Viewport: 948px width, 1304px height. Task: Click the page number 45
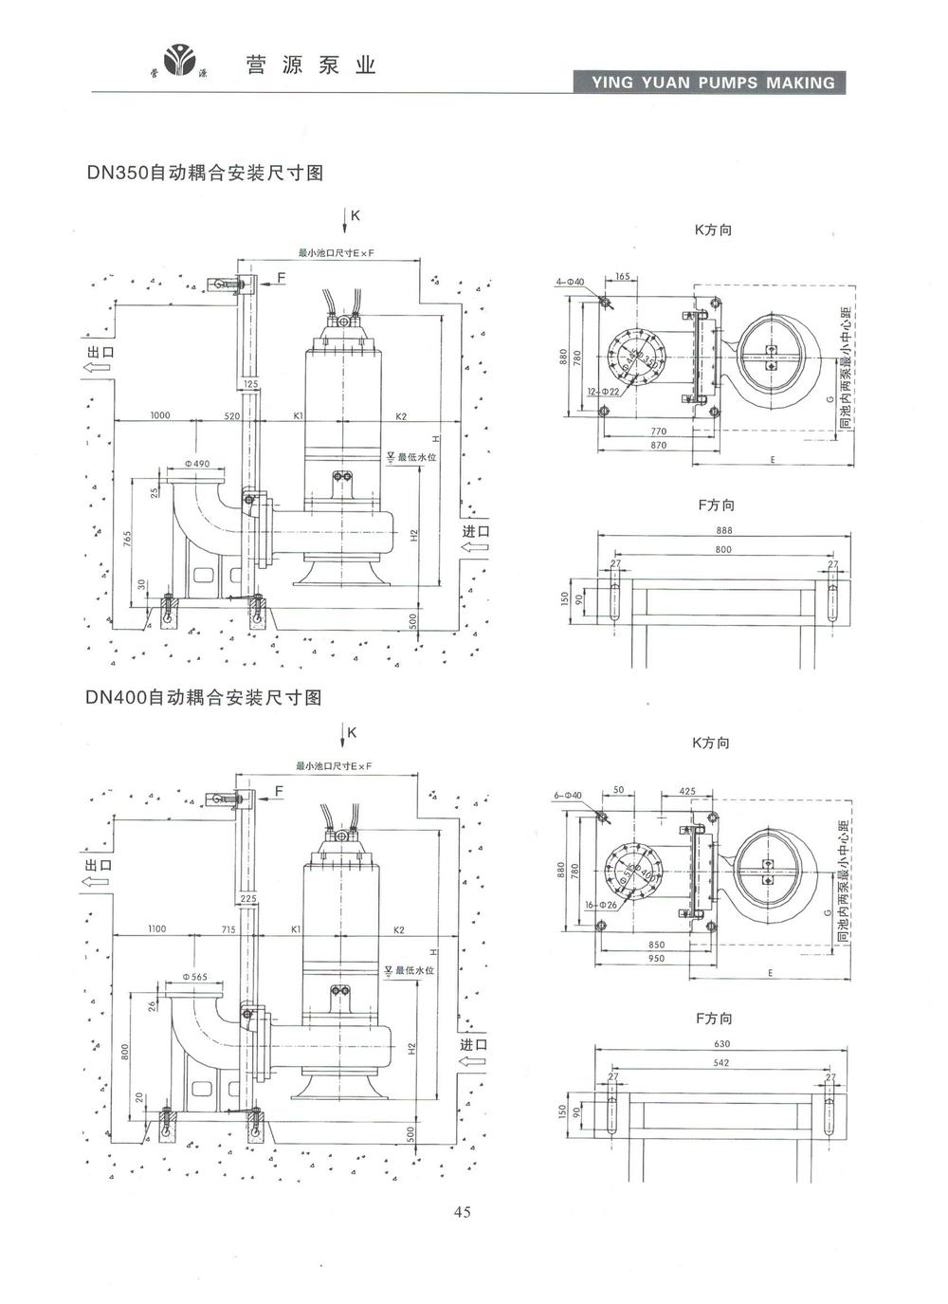click(x=463, y=1211)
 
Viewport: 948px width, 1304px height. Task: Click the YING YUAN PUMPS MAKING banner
click(x=713, y=83)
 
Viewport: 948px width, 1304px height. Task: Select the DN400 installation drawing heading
click(x=204, y=697)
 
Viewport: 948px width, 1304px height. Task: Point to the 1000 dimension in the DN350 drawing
click(x=159, y=415)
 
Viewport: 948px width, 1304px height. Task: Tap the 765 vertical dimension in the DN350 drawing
click(x=127, y=541)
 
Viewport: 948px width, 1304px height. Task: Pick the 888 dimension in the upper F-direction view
click(x=724, y=530)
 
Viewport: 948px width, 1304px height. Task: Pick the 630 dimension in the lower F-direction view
click(x=721, y=1044)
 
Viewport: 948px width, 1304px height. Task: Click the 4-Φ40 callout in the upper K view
click(x=571, y=282)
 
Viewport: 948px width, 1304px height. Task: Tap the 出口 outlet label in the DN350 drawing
click(x=99, y=352)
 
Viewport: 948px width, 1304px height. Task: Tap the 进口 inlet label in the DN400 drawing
click(x=474, y=1044)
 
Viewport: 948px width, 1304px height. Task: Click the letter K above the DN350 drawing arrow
click(x=355, y=215)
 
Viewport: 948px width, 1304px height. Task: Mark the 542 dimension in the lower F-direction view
click(x=721, y=1063)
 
